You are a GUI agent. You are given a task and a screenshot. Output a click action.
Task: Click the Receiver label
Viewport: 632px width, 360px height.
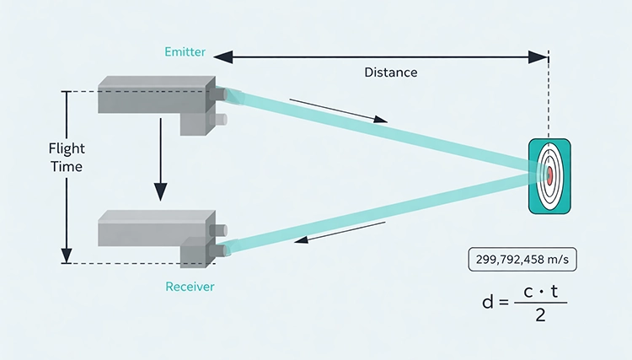click(x=190, y=287)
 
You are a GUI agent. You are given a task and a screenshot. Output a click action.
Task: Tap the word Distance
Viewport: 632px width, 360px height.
click(x=390, y=73)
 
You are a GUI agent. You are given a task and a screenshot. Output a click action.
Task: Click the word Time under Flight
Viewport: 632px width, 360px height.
click(x=66, y=166)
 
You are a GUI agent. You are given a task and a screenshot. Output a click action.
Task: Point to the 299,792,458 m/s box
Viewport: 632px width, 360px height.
click(x=522, y=260)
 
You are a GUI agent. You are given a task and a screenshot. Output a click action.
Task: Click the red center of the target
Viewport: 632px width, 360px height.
click(x=549, y=175)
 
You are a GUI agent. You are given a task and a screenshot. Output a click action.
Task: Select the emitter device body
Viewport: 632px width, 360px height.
click(x=152, y=94)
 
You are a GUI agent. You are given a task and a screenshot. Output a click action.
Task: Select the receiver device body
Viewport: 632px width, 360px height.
click(x=152, y=228)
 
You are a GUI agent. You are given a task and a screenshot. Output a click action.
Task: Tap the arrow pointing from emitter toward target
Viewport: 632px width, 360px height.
click(x=338, y=110)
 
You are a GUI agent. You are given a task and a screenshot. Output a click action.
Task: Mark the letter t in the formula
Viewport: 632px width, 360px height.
click(x=554, y=290)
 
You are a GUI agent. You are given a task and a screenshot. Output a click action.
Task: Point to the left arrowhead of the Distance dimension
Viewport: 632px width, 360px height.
click(x=218, y=56)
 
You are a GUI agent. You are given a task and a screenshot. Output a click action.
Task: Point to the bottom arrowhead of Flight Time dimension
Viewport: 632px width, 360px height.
click(x=67, y=257)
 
